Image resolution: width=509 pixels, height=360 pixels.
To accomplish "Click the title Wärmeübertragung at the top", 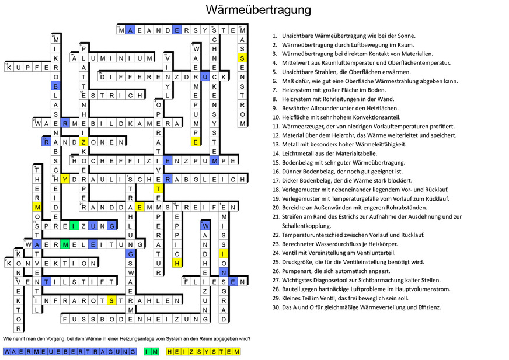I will click(258, 10).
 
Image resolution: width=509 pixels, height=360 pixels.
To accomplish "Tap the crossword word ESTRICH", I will click(112, 95).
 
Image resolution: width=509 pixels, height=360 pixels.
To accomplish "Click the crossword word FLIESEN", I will click(212, 282).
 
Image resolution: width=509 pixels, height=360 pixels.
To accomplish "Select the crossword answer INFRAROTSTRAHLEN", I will click(107, 301).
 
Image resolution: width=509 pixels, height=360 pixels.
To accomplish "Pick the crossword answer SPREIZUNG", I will click(75, 226).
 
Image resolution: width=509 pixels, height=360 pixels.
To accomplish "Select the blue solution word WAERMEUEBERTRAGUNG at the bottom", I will click(70, 352).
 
